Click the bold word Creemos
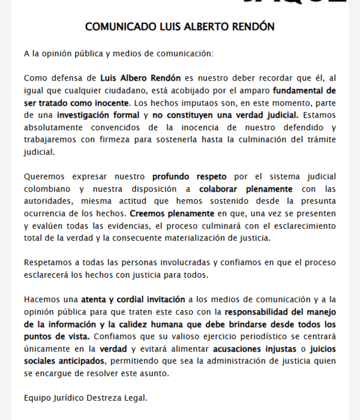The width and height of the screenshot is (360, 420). click(139, 213)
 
